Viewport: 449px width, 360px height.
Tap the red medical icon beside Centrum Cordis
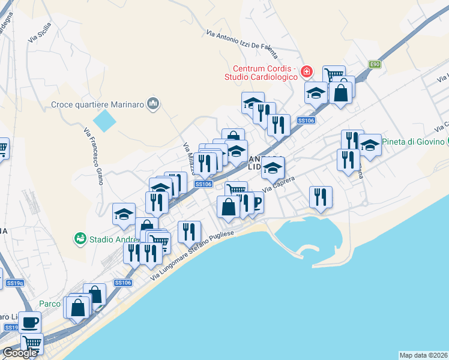click(x=307, y=72)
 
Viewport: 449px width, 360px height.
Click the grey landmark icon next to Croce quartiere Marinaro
click(x=153, y=104)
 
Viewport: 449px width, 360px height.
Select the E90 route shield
click(x=375, y=64)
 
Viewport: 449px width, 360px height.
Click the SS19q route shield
click(x=14, y=283)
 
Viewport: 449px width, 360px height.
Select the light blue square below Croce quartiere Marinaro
click(x=105, y=121)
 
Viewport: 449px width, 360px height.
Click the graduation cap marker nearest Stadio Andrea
click(x=124, y=214)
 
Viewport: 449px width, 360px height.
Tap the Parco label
click(x=50, y=304)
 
